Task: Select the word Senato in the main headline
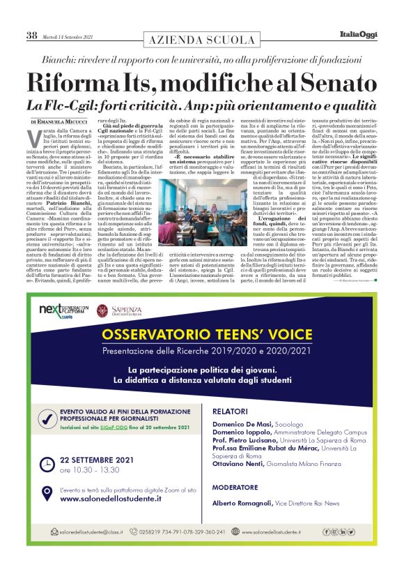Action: pos(322,82)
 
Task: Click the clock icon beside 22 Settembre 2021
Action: pos(45,462)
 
